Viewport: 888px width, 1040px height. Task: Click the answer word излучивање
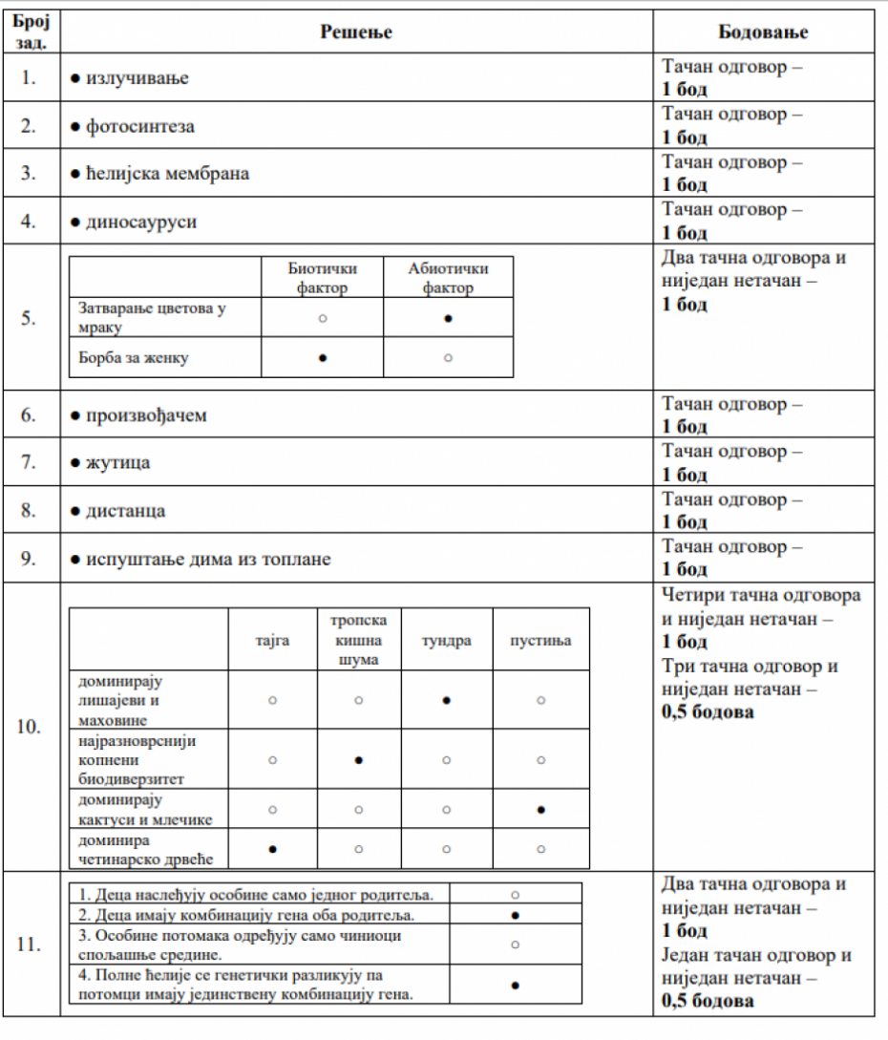click(137, 78)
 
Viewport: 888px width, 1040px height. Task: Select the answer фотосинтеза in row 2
click(139, 126)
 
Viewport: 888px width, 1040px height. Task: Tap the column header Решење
click(356, 32)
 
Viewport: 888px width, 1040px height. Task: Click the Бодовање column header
click(763, 32)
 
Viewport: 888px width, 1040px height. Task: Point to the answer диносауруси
click(141, 222)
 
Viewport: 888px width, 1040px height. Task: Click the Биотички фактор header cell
click(322, 278)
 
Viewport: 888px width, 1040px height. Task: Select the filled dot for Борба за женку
click(323, 358)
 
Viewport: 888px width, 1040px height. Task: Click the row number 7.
click(30, 463)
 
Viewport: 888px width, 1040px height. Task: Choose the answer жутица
click(117, 463)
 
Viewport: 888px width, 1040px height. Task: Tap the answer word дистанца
click(125, 511)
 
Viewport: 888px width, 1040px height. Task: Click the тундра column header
click(447, 640)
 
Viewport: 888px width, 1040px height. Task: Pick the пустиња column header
click(540, 640)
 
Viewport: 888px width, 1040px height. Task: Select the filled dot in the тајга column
click(273, 848)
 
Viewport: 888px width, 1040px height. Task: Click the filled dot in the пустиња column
click(540, 810)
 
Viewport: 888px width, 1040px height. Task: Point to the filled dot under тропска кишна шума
click(358, 760)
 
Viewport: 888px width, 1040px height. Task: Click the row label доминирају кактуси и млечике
click(146, 810)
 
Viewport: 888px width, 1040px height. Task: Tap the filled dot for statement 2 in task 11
click(515, 915)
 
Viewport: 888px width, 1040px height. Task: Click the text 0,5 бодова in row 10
click(708, 712)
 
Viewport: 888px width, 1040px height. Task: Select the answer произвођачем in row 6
click(146, 415)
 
